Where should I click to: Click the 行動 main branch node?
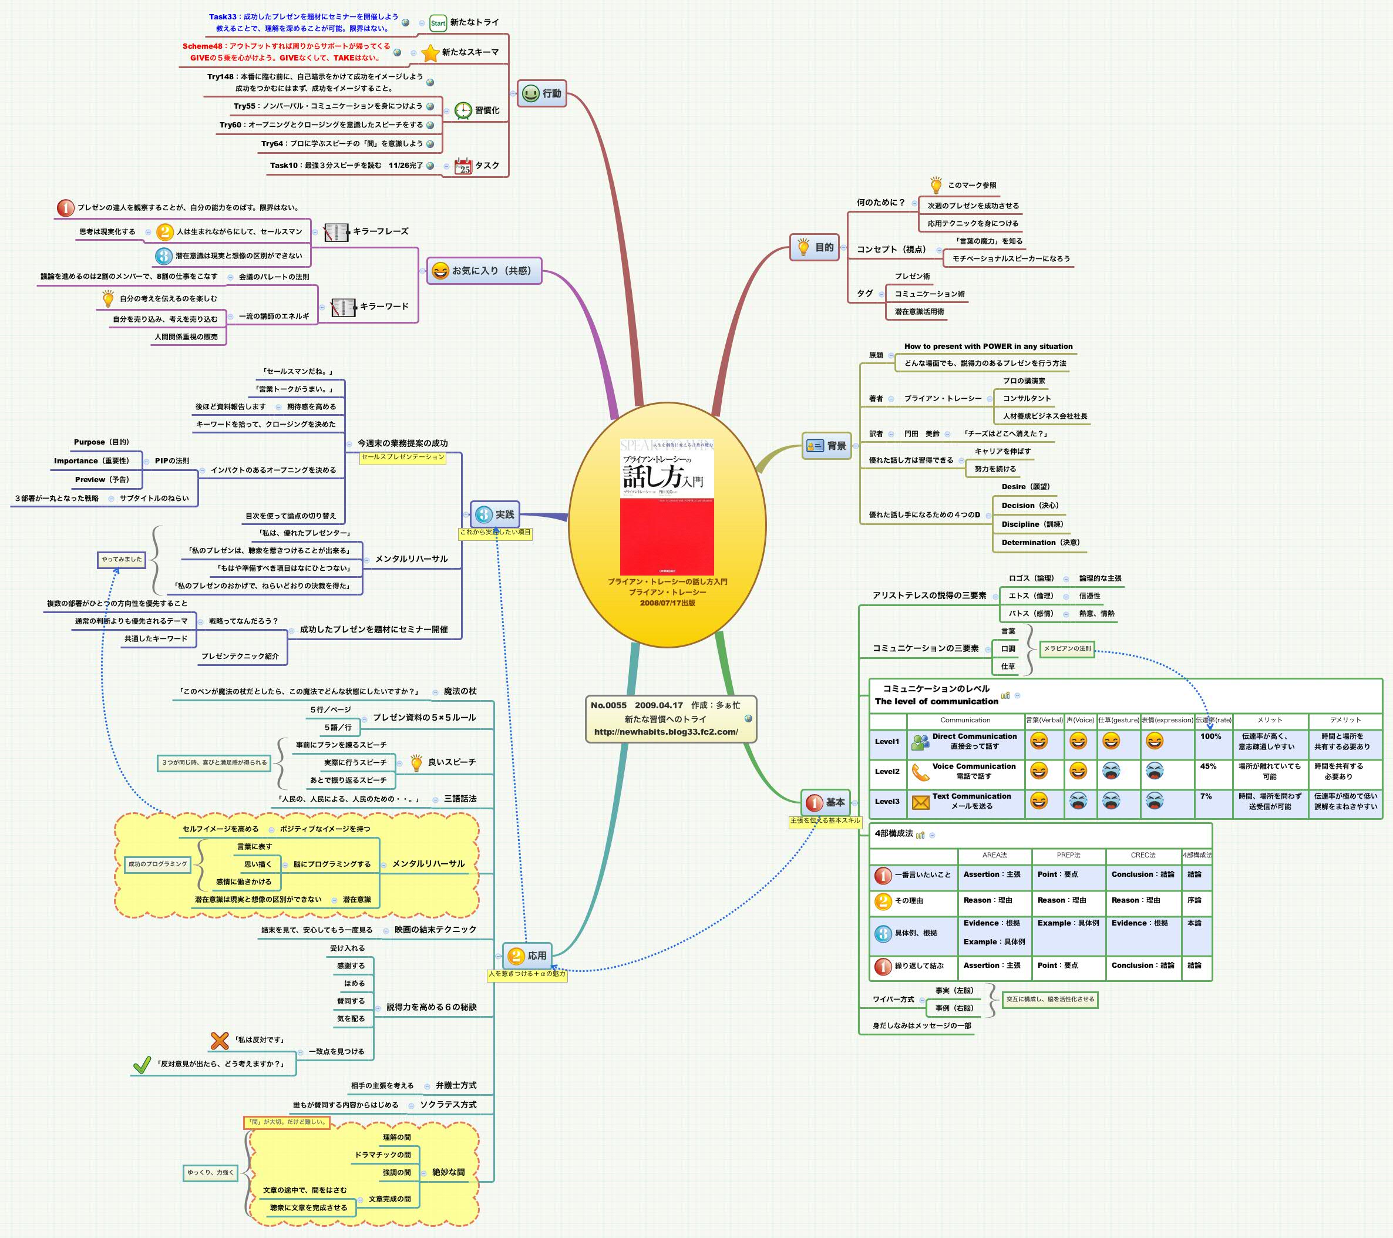[x=542, y=94]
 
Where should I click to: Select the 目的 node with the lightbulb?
[x=815, y=247]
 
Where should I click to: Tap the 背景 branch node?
[x=827, y=446]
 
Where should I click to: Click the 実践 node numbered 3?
[x=496, y=514]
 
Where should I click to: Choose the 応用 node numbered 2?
[x=527, y=956]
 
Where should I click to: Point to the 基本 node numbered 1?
[x=826, y=803]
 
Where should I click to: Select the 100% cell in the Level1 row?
[x=1211, y=736]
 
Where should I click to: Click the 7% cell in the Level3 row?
[x=1206, y=796]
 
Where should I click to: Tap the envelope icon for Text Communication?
[x=921, y=803]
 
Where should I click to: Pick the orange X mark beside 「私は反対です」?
[x=220, y=1041]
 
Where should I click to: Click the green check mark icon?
[x=142, y=1064]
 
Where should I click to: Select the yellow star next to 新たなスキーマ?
[x=430, y=53]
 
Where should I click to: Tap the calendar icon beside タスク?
[x=463, y=166]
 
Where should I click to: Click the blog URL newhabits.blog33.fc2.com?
[x=666, y=732]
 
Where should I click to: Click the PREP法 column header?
[x=1069, y=855]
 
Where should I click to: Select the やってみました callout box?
[x=122, y=559]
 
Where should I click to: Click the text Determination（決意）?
[x=1040, y=542]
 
